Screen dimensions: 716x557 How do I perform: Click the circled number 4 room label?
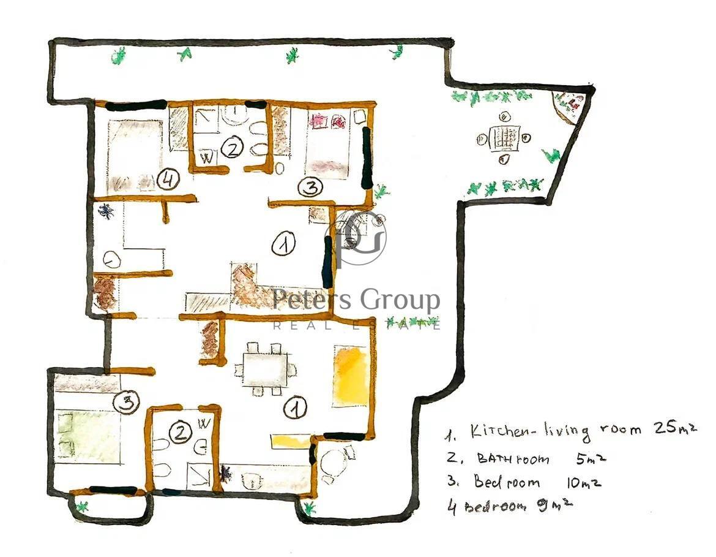tap(168, 180)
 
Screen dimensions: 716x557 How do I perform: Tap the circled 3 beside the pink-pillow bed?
tap(310, 187)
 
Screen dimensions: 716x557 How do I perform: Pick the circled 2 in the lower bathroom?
tap(181, 433)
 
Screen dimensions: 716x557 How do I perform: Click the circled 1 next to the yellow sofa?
tap(295, 408)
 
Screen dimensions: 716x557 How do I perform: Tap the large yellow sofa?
tap(351, 376)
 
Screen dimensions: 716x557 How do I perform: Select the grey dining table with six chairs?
tap(265, 369)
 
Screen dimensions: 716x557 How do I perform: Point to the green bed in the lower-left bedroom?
tap(88, 433)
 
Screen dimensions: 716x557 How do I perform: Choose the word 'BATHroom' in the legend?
tap(513, 458)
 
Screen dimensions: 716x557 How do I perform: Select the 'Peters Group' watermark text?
tap(356, 300)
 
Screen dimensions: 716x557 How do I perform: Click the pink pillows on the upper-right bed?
tap(327, 121)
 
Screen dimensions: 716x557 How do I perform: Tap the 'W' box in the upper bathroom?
tap(207, 159)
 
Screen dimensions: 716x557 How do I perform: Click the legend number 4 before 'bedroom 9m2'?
tap(452, 507)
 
